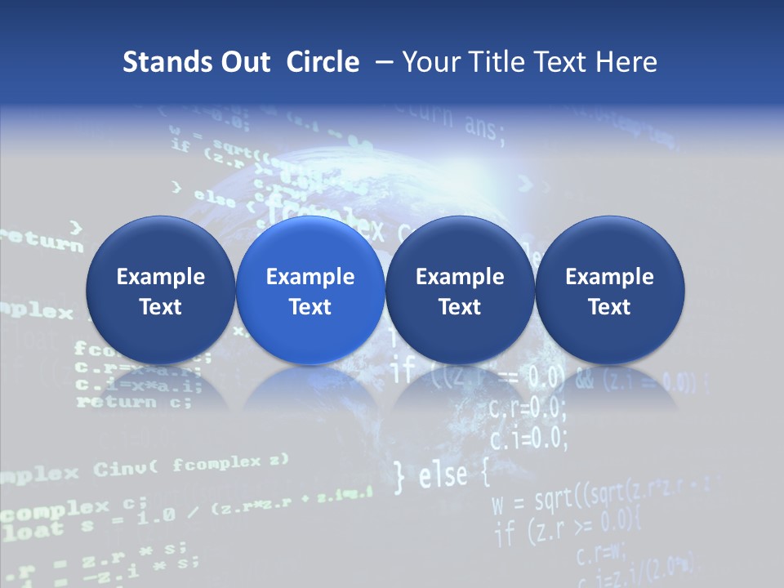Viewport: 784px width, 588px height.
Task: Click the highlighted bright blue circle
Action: click(x=310, y=291)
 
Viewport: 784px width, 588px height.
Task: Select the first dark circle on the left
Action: click(x=160, y=291)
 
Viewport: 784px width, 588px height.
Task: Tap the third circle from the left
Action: click(x=460, y=291)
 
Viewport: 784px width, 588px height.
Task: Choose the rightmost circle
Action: click(x=609, y=291)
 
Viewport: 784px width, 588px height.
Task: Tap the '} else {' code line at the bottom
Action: click(x=441, y=476)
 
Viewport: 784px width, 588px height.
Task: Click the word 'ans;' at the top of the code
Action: click(x=483, y=127)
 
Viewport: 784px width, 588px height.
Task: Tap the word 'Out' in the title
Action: click(x=243, y=62)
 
